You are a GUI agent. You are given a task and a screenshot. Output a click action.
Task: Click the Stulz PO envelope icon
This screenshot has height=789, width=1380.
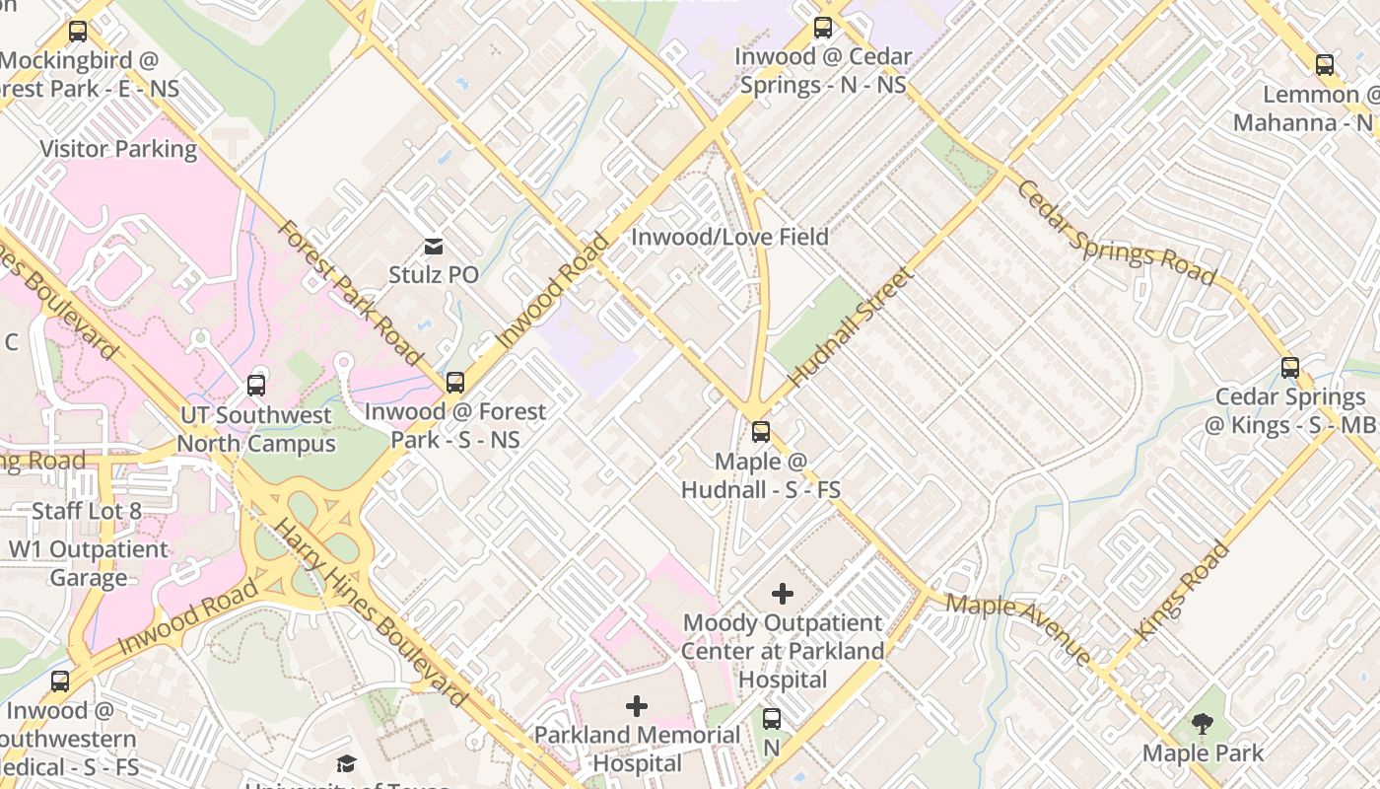[433, 246]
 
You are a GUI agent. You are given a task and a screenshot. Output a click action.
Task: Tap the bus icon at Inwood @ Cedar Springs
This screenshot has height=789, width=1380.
[822, 28]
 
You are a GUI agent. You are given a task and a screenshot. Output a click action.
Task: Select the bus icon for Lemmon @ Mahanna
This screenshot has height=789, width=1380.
[1325, 65]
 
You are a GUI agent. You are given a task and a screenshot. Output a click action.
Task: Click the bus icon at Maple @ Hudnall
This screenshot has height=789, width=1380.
[760, 431]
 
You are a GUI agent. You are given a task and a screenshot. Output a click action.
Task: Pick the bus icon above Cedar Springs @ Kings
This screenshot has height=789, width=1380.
[1289, 368]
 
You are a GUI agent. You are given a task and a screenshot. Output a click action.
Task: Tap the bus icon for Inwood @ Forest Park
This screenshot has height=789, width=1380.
[454, 383]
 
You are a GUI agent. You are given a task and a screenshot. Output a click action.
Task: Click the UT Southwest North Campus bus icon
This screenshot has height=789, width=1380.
[256, 386]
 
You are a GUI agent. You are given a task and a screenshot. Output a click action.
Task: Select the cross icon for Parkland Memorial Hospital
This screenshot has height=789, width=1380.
[637, 706]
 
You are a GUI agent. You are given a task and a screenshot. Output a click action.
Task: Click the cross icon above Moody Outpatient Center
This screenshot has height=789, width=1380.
[782, 594]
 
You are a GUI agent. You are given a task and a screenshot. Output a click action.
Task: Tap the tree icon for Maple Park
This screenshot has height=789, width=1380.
[1202, 725]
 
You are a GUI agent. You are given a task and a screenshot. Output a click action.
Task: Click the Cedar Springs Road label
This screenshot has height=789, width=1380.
[1116, 232]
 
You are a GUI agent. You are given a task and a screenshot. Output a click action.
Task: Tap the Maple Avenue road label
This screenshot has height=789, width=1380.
[1018, 629]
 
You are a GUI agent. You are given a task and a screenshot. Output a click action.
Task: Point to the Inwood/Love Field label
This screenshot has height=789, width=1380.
[729, 237]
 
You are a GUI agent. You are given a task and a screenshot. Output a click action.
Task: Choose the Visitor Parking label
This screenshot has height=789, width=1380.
[118, 149]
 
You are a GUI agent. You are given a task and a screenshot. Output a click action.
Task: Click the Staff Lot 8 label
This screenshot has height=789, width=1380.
[87, 511]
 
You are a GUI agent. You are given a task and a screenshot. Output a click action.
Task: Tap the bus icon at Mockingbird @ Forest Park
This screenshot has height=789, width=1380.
[78, 32]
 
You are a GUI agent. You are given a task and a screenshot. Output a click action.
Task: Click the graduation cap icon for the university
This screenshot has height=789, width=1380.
[346, 764]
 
